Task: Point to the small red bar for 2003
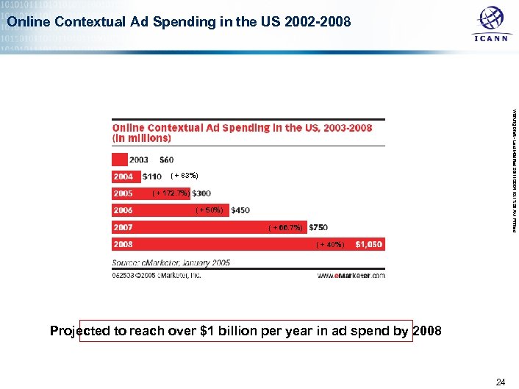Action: coord(119,159)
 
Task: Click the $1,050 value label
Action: coord(368,244)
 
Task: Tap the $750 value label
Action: coord(318,227)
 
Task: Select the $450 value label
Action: coord(240,210)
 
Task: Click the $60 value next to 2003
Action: coord(167,160)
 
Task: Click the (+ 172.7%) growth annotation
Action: coord(171,193)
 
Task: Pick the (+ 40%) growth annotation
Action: coord(329,244)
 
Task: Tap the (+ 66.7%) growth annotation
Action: coord(287,227)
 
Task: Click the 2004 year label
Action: coord(123,176)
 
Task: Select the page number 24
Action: coord(501,381)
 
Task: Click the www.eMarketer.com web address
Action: coord(351,276)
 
